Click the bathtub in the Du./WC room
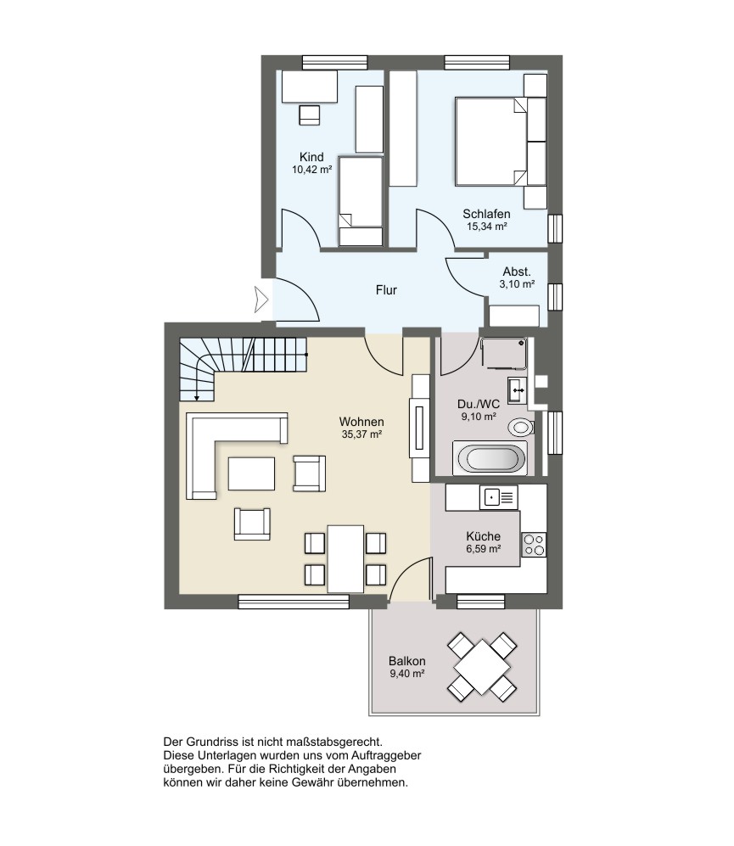click(x=490, y=458)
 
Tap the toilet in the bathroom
click(x=521, y=428)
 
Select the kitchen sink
click(x=499, y=497)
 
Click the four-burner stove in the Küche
click(x=534, y=545)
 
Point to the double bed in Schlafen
click(x=490, y=142)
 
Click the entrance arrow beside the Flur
click(x=261, y=300)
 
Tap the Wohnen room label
click(x=361, y=422)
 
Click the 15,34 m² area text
click(x=487, y=227)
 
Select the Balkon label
click(x=407, y=661)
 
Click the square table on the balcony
click(x=482, y=668)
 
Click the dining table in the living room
click(x=345, y=559)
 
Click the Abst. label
click(x=517, y=272)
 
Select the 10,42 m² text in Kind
click(x=312, y=170)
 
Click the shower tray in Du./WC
click(x=504, y=353)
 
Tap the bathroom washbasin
click(x=517, y=389)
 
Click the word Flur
click(x=386, y=290)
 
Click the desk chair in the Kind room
click(x=309, y=115)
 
